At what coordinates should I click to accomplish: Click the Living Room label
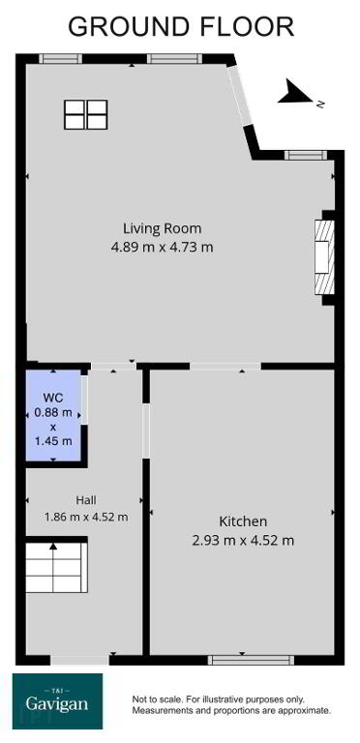pyautogui.click(x=162, y=228)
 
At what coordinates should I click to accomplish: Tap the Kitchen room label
pyautogui.click(x=243, y=521)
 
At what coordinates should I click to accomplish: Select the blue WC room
pyautogui.click(x=53, y=415)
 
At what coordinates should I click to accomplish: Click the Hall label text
pyautogui.click(x=86, y=499)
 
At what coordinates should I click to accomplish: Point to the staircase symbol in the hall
pyautogui.click(x=56, y=567)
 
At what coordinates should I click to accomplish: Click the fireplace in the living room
pyautogui.click(x=325, y=257)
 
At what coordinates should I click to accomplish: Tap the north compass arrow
pyautogui.click(x=294, y=92)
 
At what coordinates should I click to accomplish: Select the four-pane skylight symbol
pyautogui.click(x=86, y=114)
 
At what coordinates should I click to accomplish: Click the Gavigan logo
pyautogui.click(x=57, y=701)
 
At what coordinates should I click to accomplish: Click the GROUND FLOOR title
pyautogui.click(x=181, y=26)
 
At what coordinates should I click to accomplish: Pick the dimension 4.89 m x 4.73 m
pyautogui.click(x=162, y=248)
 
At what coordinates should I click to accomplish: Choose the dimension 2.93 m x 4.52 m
pyautogui.click(x=243, y=540)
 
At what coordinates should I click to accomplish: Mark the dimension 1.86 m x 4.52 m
pyautogui.click(x=86, y=517)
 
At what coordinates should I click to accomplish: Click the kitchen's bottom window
pyautogui.click(x=251, y=660)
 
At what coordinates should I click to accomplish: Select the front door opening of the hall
pyautogui.click(x=79, y=660)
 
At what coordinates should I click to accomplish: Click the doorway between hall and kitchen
pyautogui.click(x=146, y=431)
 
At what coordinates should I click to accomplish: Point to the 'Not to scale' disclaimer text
pyautogui.click(x=231, y=705)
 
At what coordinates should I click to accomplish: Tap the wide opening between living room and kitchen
pyautogui.click(x=225, y=367)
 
